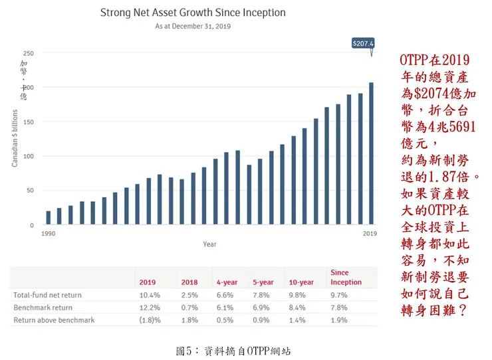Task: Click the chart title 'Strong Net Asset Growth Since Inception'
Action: coord(193,13)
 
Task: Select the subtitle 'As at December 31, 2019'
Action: coord(193,27)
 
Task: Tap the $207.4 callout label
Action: coord(363,43)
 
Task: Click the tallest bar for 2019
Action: coord(371,153)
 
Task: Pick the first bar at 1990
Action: coord(49,218)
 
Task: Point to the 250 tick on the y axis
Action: coord(29,53)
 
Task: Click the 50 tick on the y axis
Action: coord(30,191)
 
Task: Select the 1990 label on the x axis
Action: coord(48,234)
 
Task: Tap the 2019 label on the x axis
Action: coord(370,234)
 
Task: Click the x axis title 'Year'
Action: coord(209,244)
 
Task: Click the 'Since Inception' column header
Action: coord(346,277)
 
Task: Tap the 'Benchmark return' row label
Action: coord(43,308)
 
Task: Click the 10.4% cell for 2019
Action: coord(149,294)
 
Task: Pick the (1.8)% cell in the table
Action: coord(149,320)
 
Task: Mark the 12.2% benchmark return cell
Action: coord(149,308)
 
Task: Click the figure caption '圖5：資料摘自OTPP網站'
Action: coord(233,351)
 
